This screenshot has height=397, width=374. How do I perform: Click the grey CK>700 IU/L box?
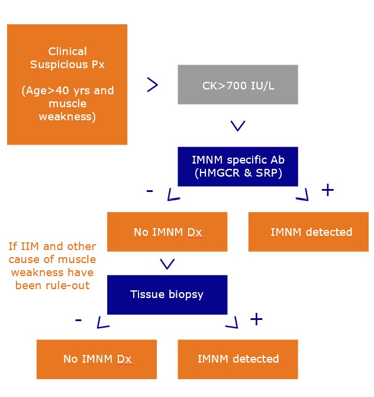tap(238, 85)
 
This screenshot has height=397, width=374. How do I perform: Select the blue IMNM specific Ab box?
tap(238, 167)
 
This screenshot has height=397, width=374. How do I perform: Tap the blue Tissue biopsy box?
tap(167, 294)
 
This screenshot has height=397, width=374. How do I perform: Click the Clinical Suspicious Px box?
tap(67, 84)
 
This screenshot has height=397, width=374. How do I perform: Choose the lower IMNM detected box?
tap(238, 359)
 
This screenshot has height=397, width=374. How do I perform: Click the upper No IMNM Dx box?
tap(167, 232)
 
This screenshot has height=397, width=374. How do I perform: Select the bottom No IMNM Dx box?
tap(96, 359)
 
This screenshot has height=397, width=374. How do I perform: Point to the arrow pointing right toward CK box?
tap(152, 85)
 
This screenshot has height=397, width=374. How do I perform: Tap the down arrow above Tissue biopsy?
tap(167, 264)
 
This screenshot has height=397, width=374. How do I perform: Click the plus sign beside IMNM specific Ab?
tap(327, 190)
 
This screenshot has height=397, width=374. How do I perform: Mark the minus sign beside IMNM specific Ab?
tap(149, 191)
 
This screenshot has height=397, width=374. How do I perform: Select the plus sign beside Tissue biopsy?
tap(256, 319)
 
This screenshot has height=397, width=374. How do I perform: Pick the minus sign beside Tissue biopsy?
tap(78, 320)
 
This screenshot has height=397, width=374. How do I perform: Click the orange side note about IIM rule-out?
tap(51, 265)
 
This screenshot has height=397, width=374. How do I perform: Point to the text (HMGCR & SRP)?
tap(238, 173)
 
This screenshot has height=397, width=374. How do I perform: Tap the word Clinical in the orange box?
tap(67, 52)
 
